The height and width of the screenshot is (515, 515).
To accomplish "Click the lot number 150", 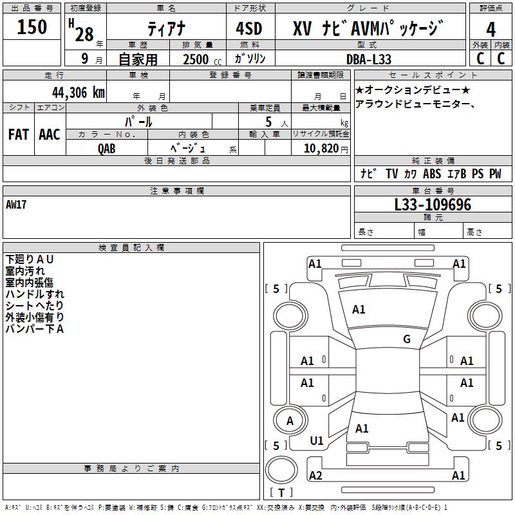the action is point(32,26).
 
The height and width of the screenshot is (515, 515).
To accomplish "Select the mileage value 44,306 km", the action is point(79,93).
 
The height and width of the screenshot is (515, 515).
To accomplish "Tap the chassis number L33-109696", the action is point(433,204).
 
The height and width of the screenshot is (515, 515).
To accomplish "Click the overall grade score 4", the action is point(491,29).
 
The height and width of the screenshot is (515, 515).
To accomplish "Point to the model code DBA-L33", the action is point(369,59).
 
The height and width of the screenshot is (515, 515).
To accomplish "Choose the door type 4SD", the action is point(249,28).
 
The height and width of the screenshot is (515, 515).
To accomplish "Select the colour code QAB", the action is point(106,149).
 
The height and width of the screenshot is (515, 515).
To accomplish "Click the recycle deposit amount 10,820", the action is point(321,148).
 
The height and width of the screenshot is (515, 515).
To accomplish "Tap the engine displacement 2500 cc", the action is point(202,59).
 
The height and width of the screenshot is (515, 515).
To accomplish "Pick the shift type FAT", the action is point(19,135).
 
